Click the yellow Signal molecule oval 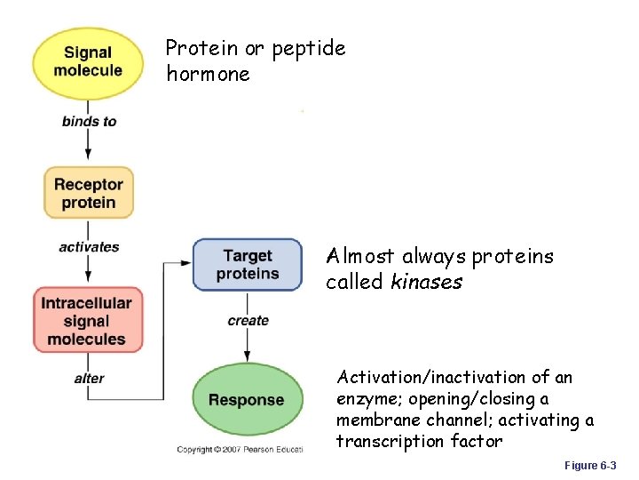pos(88,61)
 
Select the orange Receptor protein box pos(88,193)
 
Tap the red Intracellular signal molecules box pos(86,320)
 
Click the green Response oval pos(246,400)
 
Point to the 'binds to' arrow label pos(89,121)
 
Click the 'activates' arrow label pos(89,247)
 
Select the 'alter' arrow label pos(89,379)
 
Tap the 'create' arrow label pos(248,320)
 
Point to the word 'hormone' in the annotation pos(208,75)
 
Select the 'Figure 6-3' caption pos(590,466)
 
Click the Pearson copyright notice pos(240,450)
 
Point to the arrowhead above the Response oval pos(248,356)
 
